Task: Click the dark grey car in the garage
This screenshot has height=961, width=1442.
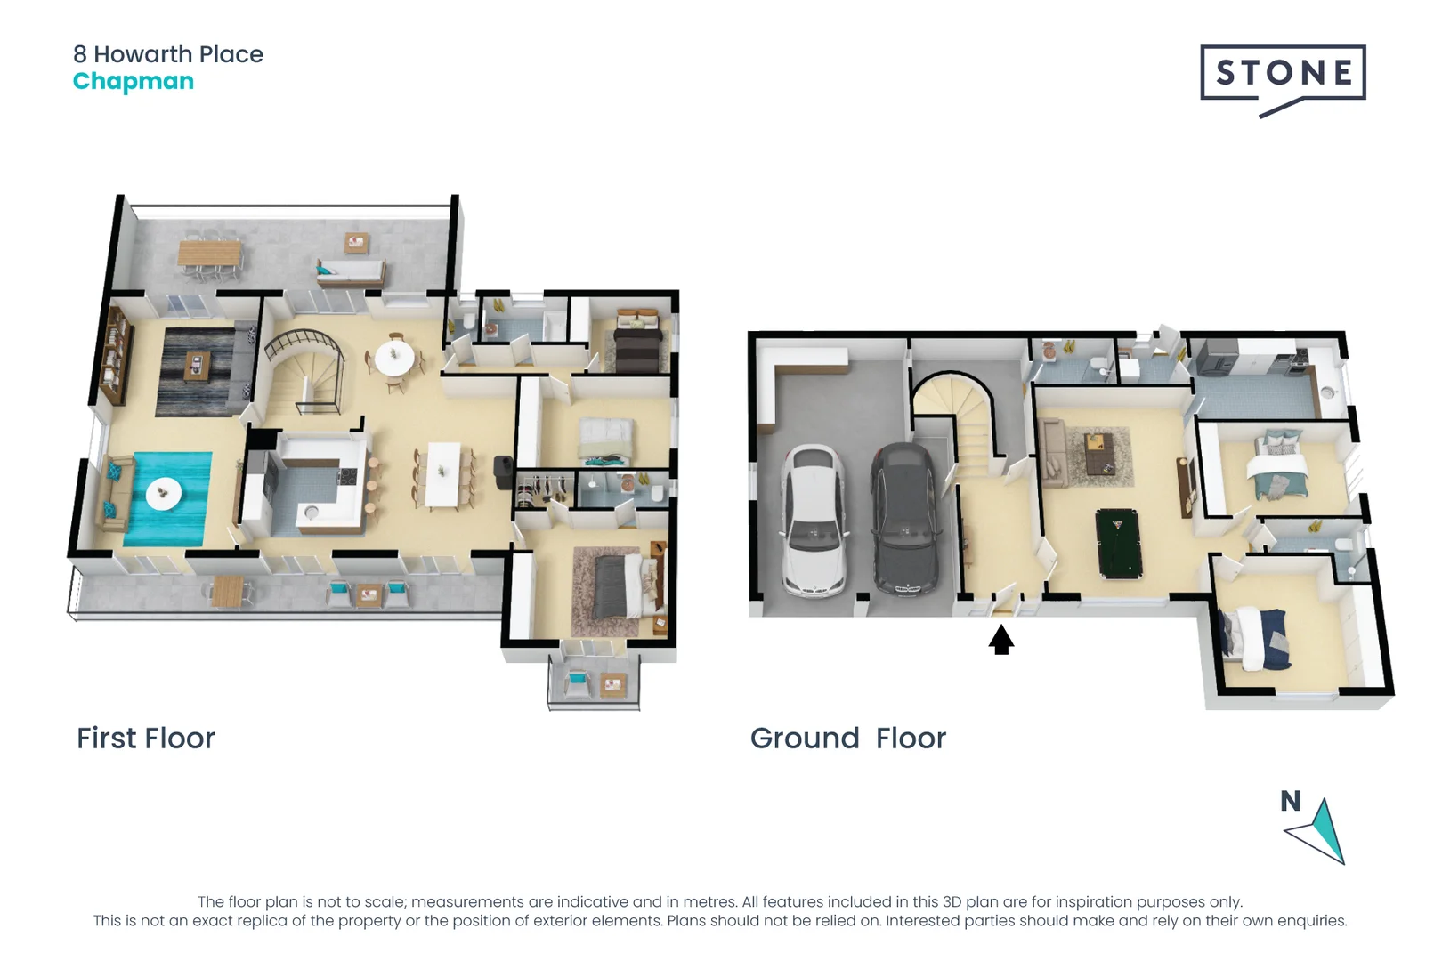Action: [904, 521]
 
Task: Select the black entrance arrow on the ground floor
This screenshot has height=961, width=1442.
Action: [1001, 639]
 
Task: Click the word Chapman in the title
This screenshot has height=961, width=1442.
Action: [133, 81]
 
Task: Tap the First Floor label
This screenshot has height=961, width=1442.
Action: [145, 738]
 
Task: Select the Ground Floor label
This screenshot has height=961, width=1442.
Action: [847, 738]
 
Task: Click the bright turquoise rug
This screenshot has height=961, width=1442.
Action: [167, 498]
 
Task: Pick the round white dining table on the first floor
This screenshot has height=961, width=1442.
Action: [393, 359]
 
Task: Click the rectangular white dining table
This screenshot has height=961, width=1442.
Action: [442, 474]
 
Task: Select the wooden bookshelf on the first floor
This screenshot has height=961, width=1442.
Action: [115, 356]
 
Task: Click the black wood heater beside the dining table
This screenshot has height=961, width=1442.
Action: [503, 472]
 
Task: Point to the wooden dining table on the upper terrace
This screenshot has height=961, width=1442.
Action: [208, 254]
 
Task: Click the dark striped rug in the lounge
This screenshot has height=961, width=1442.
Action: [196, 371]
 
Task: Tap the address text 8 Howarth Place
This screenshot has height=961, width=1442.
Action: [167, 54]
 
